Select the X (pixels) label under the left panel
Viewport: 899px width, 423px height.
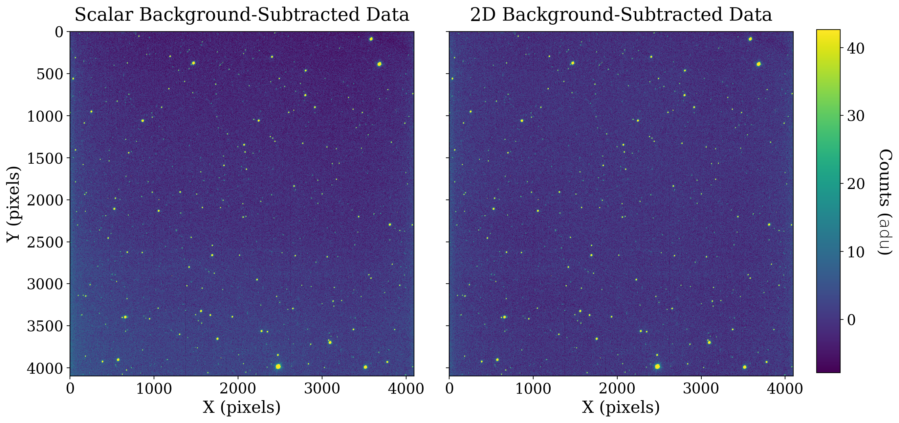pos(242,407)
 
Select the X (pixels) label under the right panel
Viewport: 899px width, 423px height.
pos(621,407)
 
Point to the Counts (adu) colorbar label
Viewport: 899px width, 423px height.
pos(885,202)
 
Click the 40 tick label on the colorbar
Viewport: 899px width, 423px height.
pos(856,49)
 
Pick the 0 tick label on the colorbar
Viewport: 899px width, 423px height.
pos(851,319)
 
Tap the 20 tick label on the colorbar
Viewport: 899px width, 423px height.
pos(856,184)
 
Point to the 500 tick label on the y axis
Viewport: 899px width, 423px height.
pos(50,74)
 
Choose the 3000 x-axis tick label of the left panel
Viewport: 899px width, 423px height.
pos(322,388)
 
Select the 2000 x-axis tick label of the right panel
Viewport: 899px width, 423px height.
pos(617,388)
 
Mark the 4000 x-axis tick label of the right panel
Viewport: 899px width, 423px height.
pos(785,388)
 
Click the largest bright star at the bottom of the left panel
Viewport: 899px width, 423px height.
pos(278,366)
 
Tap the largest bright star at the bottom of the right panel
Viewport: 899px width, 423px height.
pos(657,366)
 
